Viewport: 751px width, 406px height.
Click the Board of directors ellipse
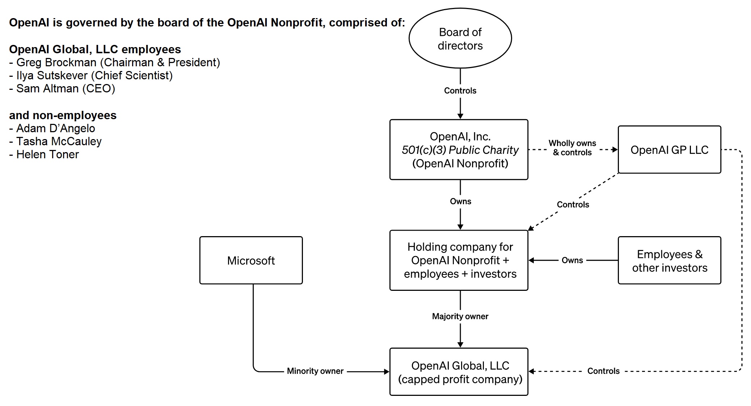[x=460, y=38]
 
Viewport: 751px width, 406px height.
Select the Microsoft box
[x=251, y=260]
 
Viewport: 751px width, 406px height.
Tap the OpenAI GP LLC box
[x=669, y=150]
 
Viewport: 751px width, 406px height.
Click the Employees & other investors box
[x=669, y=260]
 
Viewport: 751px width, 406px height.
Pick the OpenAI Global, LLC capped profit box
[x=459, y=372]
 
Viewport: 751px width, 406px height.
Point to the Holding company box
[x=459, y=260]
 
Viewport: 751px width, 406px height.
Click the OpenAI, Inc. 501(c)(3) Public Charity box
[x=459, y=150]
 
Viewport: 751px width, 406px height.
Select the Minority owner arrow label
[x=315, y=371]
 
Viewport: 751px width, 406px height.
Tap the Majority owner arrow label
[x=460, y=317]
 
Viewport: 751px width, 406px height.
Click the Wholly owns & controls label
[x=572, y=148]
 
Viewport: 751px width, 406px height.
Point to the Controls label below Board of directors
[x=460, y=91]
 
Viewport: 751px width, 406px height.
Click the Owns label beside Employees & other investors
[x=572, y=260]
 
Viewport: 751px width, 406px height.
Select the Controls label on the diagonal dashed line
[x=573, y=205]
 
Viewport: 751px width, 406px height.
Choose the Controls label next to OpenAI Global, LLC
[x=603, y=371]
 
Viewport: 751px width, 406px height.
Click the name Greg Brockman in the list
[x=56, y=63]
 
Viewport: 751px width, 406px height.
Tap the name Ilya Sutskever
[x=52, y=76]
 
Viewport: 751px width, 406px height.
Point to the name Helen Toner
[x=47, y=155]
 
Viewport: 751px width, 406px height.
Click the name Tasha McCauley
[x=59, y=142]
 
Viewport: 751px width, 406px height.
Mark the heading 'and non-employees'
[x=63, y=116]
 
